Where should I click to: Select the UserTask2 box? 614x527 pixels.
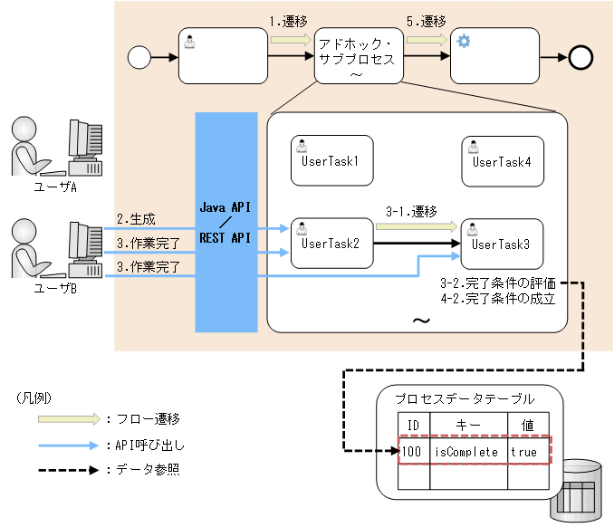331,243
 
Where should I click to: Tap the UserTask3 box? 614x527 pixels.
501,244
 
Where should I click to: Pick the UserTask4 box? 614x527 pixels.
501,161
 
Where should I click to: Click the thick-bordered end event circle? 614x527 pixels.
580,58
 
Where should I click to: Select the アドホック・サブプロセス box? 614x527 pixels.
357,59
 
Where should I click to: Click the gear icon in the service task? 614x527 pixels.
463,42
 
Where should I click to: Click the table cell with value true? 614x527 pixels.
525,450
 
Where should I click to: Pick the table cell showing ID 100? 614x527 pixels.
412,450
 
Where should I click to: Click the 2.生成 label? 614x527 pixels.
136,219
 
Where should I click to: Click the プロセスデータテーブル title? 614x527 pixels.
465,398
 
